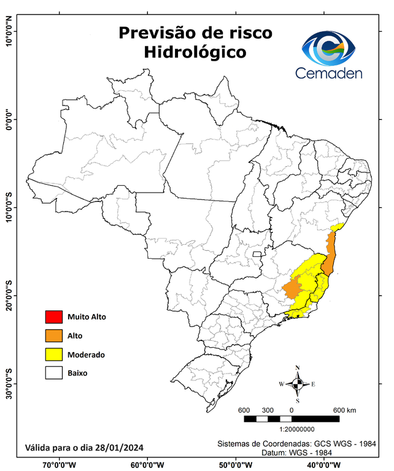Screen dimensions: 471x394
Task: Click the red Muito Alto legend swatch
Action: point(53,317)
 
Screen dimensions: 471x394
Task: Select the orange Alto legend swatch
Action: point(53,335)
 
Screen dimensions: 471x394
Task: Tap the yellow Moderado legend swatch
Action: point(53,354)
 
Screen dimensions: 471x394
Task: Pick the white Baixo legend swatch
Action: point(53,372)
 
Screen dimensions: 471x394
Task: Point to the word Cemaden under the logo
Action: point(329,73)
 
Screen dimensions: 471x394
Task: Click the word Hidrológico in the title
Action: point(195,53)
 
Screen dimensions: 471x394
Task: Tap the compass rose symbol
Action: point(297,385)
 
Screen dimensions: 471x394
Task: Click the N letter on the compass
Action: point(298,369)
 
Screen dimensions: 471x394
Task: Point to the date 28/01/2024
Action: point(121,446)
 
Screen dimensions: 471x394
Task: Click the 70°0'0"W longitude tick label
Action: point(59,464)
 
